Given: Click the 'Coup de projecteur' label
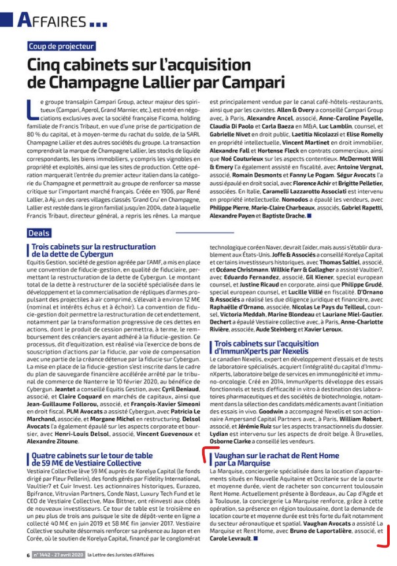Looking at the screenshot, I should (x=62, y=47).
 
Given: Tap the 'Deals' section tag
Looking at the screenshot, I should (x=39, y=233).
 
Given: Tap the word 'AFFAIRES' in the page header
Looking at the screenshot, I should (x=52, y=20).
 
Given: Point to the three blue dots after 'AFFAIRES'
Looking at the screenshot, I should (x=97, y=24).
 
